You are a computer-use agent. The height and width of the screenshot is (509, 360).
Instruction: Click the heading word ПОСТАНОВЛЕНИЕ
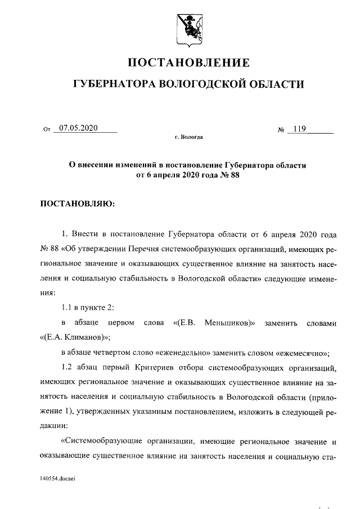click(x=188, y=62)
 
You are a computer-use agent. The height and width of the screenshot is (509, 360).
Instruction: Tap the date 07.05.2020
click(x=78, y=128)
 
